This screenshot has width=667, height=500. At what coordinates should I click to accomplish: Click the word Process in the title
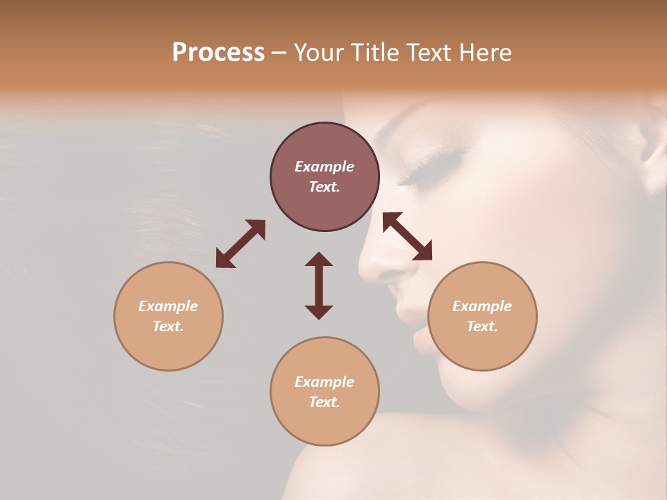pyautogui.click(x=218, y=53)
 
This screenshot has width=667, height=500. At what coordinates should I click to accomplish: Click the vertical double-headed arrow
pyautogui.click(x=319, y=285)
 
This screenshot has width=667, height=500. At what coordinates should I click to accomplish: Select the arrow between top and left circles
pyautogui.click(x=240, y=244)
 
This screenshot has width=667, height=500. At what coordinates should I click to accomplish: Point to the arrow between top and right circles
pyautogui.click(x=407, y=236)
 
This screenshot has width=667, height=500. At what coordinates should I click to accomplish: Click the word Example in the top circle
pyautogui.click(x=324, y=167)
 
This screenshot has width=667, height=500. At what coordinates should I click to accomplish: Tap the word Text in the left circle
pyautogui.click(x=168, y=326)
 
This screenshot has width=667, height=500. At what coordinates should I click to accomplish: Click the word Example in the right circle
pyautogui.click(x=482, y=306)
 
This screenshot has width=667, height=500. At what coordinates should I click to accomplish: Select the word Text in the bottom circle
pyautogui.click(x=324, y=402)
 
